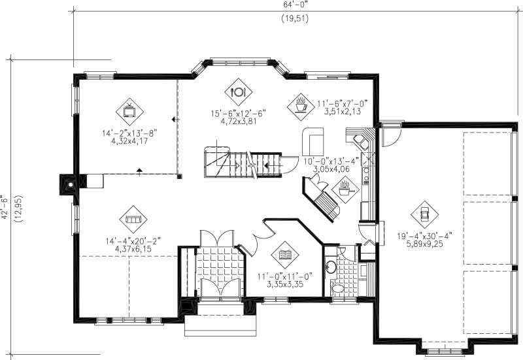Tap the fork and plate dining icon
coord(238,91)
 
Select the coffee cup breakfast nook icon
coord(300,104)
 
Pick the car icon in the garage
coord(424,213)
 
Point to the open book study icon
coord(285,254)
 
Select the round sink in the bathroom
coord(331,267)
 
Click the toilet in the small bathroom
coord(337,287)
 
